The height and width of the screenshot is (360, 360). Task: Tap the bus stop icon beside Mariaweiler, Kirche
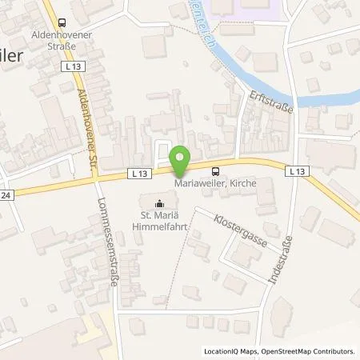point(215,170)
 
